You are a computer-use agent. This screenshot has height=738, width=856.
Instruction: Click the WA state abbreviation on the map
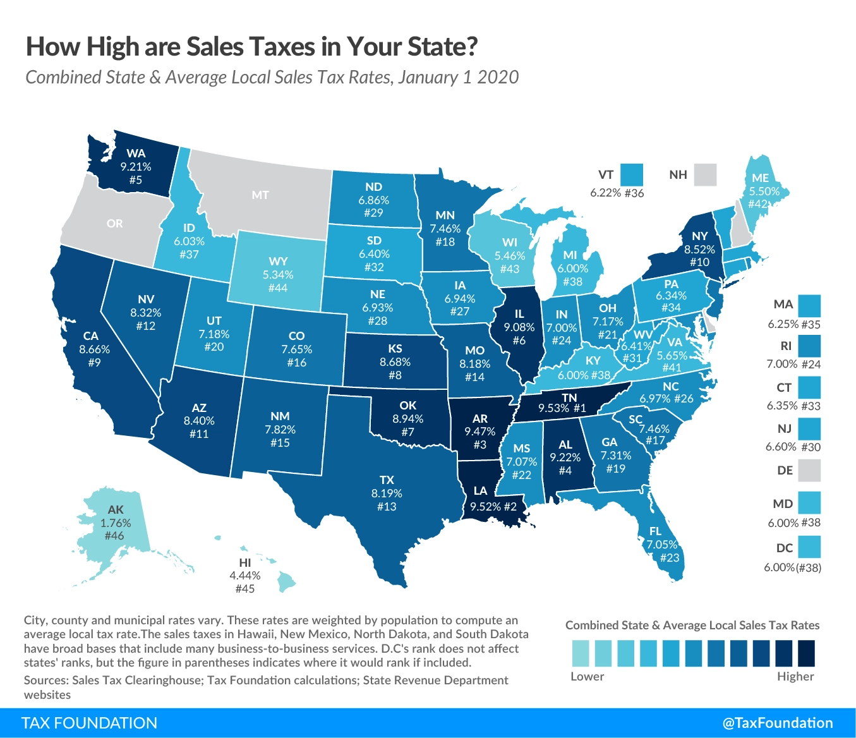point(136,153)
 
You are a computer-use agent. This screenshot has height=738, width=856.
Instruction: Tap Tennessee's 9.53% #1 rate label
point(562,408)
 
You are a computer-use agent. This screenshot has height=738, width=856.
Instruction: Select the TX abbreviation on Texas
point(387,480)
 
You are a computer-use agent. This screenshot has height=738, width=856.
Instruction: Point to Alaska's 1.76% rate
point(116,523)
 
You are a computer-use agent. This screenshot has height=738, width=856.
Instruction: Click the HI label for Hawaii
point(245,562)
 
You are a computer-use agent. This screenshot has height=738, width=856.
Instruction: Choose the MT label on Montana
point(260,195)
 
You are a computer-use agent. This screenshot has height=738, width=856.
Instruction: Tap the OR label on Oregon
point(115,224)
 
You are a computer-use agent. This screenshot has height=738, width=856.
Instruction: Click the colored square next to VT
point(631,174)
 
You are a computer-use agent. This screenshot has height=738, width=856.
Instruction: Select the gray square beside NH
point(705,174)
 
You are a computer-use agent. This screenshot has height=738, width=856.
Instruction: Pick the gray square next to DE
point(809,471)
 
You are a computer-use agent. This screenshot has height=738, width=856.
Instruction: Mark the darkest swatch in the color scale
point(806,653)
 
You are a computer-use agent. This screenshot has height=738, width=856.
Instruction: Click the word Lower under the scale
point(587,677)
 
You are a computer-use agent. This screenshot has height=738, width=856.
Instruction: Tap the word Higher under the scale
point(795,677)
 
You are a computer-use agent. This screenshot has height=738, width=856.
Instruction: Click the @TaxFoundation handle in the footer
point(777,723)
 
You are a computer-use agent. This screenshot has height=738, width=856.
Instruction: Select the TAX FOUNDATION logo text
point(89,723)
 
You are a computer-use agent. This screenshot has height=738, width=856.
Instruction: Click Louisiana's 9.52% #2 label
point(493,506)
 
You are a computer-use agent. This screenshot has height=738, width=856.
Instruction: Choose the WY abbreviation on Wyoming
point(278,261)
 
